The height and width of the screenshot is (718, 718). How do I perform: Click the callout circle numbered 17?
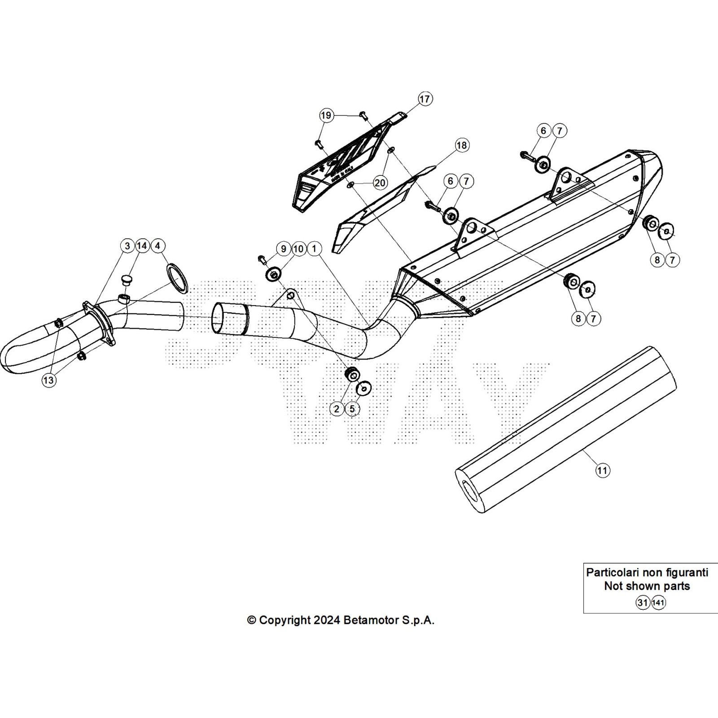[x=425, y=99]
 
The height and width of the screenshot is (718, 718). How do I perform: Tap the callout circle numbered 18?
[x=461, y=145]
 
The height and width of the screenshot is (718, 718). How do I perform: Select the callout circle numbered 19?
[x=326, y=115]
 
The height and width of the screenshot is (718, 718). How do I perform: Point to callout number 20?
[x=380, y=183]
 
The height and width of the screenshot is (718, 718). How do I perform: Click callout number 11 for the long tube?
[x=602, y=470]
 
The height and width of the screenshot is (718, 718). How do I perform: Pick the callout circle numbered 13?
[x=48, y=380]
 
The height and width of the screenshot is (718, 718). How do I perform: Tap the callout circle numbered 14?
[x=142, y=246]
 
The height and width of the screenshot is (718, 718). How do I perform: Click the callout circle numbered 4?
[x=157, y=246]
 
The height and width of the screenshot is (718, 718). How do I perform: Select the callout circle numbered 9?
[x=283, y=249]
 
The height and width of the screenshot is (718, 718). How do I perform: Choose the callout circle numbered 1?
[x=315, y=249]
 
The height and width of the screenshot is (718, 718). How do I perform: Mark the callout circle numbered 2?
[x=337, y=408]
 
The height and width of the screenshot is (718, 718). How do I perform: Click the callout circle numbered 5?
[x=352, y=408]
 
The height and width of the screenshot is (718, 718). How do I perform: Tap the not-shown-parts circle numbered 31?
[x=643, y=603]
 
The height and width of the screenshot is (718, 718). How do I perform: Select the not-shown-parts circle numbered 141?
[x=658, y=603]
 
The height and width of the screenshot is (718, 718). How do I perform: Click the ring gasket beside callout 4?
[x=177, y=279]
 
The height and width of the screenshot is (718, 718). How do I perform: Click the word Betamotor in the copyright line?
[x=366, y=620]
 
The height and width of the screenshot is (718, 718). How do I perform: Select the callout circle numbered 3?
[x=127, y=246]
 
